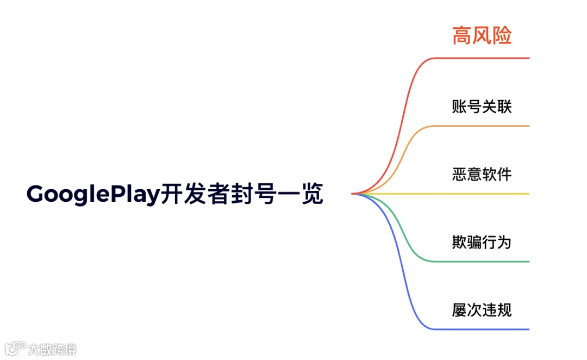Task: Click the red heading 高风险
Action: pyautogui.click(x=482, y=36)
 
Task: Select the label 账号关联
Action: pyautogui.click(x=482, y=106)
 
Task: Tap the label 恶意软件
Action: pyautogui.click(x=482, y=174)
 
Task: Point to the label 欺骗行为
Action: pyautogui.click(x=482, y=242)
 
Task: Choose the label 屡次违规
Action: pyautogui.click(x=482, y=310)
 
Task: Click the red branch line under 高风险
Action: pyautogui.click(x=489, y=58)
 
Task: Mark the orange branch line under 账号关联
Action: pyautogui.click(x=489, y=126)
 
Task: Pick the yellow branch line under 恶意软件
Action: pyautogui.click(x=489, y=194)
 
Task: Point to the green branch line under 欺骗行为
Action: pyautogui.click(x=489, y=262)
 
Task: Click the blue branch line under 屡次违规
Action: pyautogui.click(x=489, y=330)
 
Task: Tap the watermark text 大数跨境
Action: pyautogui.click(x=52, y=349)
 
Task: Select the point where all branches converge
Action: pyautogui.click(x=353, y=194)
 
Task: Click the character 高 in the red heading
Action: pyautogui.click(x=462, y=36)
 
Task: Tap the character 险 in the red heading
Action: pyautogui.click(x=502, y=36)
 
